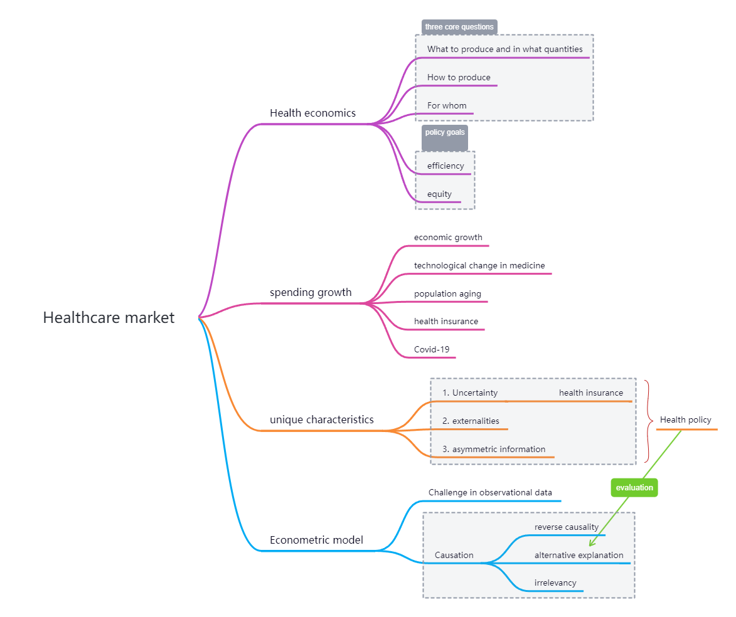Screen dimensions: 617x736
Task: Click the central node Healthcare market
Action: (x=109, y=318)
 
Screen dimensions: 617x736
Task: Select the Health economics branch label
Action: (x=312, y=113)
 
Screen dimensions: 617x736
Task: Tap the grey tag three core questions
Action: (x=459, y=27)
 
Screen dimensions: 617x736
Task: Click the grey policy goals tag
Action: (x=444, y=133)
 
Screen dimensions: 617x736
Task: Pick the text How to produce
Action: (x=459, y=78)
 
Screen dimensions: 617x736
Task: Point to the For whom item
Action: (x=447, y=105)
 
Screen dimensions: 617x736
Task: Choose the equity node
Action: (x=439, y=194)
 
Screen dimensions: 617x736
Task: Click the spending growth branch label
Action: (x=311, y=292)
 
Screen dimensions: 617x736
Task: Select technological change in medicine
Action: (x=479, y=265)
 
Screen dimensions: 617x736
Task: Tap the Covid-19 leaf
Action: (x=432, y=349)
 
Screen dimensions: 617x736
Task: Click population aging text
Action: (x=447, y=293)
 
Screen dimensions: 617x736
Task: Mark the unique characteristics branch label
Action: (x=321, y=419)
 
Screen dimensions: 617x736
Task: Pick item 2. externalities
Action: (x=471, y=421)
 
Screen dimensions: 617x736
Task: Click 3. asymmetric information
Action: (x=494, y=449)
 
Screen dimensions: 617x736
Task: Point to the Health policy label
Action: (x=685, y=419)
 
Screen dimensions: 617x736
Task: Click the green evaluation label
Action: (x=634, y=488)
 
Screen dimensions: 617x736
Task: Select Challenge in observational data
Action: (x=490, y=492)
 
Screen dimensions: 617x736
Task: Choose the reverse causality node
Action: (x=566, y=527)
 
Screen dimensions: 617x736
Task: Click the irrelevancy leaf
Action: (x=555, y=583)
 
